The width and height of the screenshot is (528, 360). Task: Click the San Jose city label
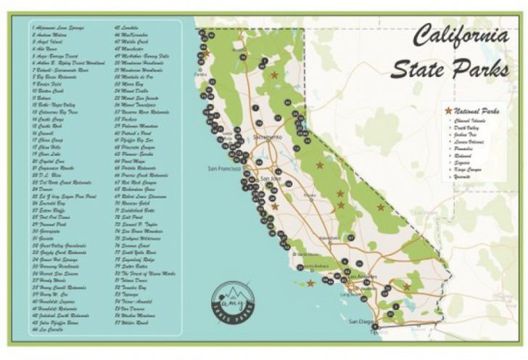pos(269,179)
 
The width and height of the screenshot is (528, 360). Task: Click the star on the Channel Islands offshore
pos(310,283)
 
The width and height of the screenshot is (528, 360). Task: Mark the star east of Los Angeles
pos(406,287)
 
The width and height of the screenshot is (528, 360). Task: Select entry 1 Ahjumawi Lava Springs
pos(59,28)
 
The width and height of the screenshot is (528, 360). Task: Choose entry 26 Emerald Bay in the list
pos(54,205)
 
